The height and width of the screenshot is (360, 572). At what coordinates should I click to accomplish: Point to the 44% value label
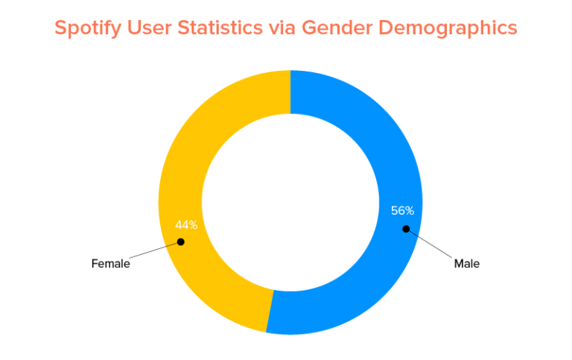185,224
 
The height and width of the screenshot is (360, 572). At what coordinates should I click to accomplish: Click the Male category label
467,263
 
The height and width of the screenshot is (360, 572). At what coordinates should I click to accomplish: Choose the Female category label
110,263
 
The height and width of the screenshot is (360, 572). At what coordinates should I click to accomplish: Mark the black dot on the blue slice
406,228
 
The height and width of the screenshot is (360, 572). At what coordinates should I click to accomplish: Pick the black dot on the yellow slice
180,241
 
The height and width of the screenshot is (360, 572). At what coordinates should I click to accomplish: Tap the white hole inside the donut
290,201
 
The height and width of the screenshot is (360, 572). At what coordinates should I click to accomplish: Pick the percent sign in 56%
418,210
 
